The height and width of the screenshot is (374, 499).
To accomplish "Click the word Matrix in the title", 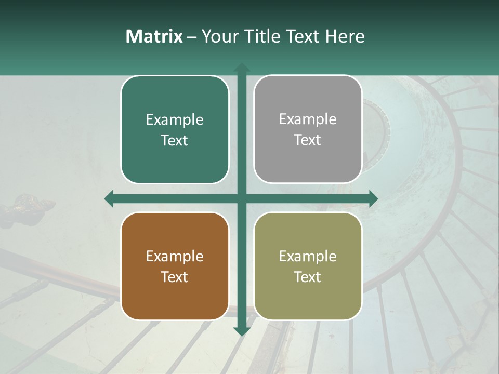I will (x=154, y=36).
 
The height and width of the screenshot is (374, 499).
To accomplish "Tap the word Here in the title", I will (x=345, y=36).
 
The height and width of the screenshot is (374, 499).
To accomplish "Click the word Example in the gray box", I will (x=308, y=119).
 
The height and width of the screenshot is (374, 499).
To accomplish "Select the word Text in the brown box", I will (x=174, y=277).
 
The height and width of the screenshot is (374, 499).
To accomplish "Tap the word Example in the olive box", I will (x=308, y=256).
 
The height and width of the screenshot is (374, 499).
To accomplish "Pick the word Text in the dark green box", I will (x=174, y=140).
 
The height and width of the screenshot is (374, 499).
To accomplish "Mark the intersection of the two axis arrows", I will (x=241, y=198).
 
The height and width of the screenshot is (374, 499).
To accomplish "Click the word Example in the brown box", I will (x=175, y=256).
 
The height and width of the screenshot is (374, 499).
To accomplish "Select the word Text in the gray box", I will (x=308, y=140).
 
